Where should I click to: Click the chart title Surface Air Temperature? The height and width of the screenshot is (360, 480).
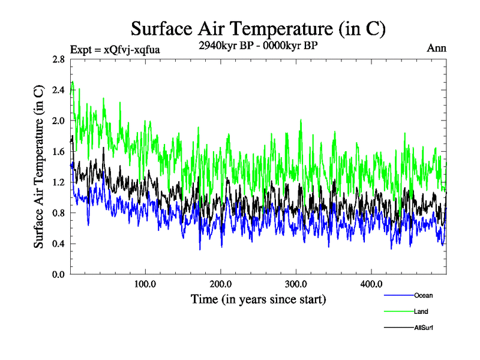[x=258, y=28]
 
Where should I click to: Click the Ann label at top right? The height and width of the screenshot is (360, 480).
[x=436, y=48]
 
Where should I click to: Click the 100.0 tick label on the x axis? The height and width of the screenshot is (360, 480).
[x=145, y=284]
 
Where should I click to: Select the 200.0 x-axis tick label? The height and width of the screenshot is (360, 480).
[x=221, y=284]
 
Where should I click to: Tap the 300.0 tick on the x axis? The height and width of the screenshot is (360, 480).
[x=296, y=284]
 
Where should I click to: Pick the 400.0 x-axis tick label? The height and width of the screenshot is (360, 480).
[x=371, y=284]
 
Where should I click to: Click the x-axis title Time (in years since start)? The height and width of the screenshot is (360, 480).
[x=258, y=299]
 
